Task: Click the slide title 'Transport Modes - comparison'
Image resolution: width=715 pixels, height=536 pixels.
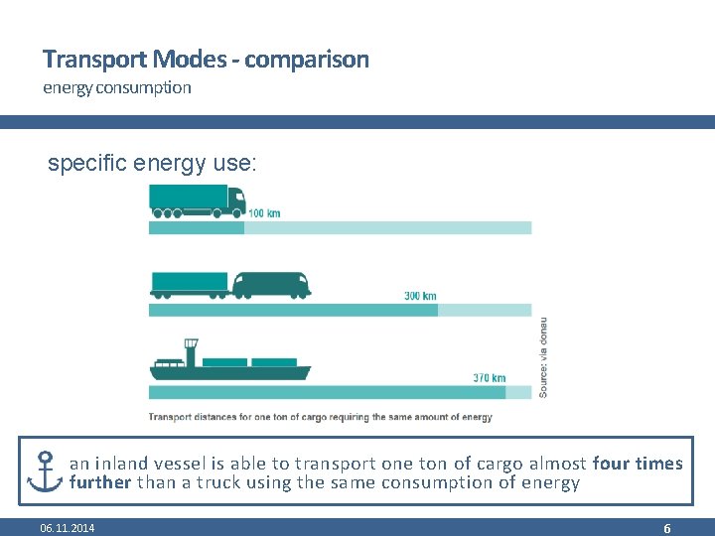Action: pyautogui.click(x=206, y=60)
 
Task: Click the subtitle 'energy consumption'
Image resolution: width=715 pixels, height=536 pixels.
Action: pyautogui.click(x=116, y=87)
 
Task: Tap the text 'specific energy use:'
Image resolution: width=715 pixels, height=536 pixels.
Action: pyautogui.click(x=152, y=164)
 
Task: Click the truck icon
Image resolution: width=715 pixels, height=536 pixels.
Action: pyautogui.click(x=197, y=201)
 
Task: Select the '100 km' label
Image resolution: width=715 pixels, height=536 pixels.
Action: pyautogui.click(x=263, y=213)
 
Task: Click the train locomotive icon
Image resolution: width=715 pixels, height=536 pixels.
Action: pyautogui.click(x=271, y=284)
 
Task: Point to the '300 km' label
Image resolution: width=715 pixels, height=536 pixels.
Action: pyautogui.click(x=420, y=296)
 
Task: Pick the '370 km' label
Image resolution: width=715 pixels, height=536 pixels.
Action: pyautogui.click(x=490, y=378)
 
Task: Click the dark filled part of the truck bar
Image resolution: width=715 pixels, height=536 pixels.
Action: pyautogui.click(x=196, y=228)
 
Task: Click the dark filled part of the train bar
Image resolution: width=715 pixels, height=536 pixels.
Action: pyautogui.click(x=293, y=310)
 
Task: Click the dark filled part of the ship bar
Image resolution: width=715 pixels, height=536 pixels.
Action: pyautogui.click(x=327, y=392)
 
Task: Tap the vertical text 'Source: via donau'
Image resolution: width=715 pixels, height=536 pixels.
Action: pyautogui.click(x=542, y=357)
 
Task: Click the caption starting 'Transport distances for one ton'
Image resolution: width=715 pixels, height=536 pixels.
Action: pyautogui.click(x=320, y=417)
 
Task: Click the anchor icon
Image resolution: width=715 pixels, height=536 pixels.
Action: pyautogui.click(x=45, y=471)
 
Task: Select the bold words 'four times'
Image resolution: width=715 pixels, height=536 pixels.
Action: pyautogui.click(x=637, y=464)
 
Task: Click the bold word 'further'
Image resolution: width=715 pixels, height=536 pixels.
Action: pyautogui.click(x=100, y=483)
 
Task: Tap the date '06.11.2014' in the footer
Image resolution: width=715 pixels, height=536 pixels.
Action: pyautogui.click(x=68, y=528)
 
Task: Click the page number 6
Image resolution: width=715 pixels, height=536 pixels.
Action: pyautogui.click(x=667, y=528)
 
